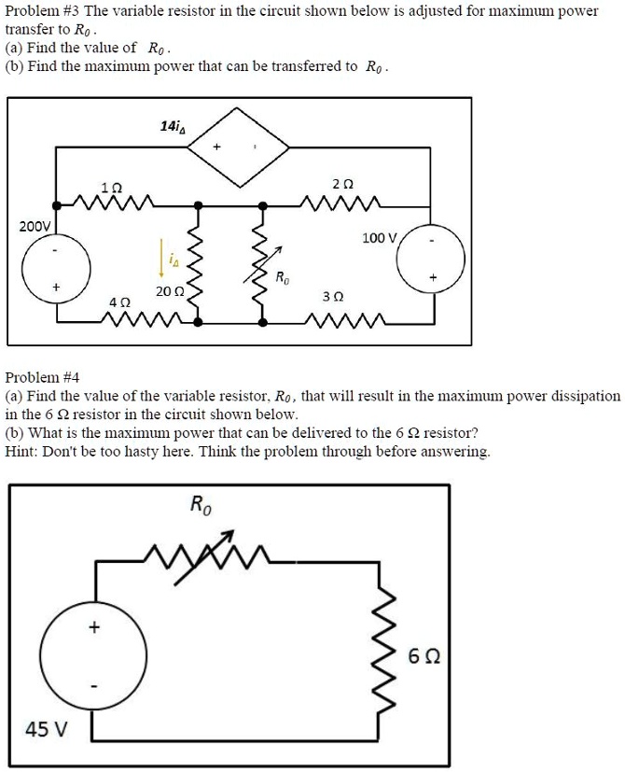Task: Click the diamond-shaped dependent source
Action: coord(241,147)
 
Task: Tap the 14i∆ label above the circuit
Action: coord(173,125)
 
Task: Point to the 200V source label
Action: coord(35,226)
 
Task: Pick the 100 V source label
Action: coord(380,238)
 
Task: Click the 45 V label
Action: coord(46,728)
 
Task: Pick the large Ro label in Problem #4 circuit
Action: coord(201,505)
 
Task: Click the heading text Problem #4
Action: coord(43,377)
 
